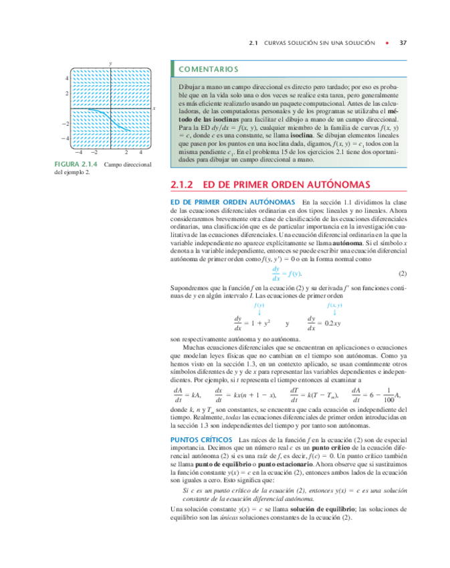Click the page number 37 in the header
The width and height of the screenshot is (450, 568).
click(403, 43)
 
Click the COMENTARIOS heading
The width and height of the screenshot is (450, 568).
click(208, 69)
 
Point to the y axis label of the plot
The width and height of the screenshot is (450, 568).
click(110, 62)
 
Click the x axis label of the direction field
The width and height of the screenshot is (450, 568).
click(154, 108)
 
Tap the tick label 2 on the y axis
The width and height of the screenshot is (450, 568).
click(67, 93)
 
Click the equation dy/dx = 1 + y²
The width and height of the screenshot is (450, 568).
click(251, 324)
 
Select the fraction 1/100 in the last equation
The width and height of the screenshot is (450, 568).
click(389, 395)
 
